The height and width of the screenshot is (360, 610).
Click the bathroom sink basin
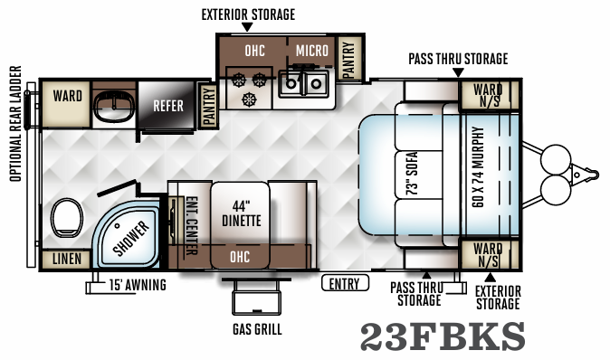(112, 108)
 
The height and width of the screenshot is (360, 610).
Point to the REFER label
(168, 106)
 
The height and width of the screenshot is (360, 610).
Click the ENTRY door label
(344, 284)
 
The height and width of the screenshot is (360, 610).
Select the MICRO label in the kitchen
(312, 49)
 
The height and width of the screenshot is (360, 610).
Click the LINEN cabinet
(65, 260)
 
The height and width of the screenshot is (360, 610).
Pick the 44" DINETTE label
(241, 212)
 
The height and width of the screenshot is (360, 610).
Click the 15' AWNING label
(137, 287)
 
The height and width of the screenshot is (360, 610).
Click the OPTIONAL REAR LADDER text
(15, 134)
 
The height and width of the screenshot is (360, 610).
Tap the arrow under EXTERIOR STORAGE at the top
(247, 29)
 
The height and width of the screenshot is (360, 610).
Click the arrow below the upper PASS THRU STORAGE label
(458, 71)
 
